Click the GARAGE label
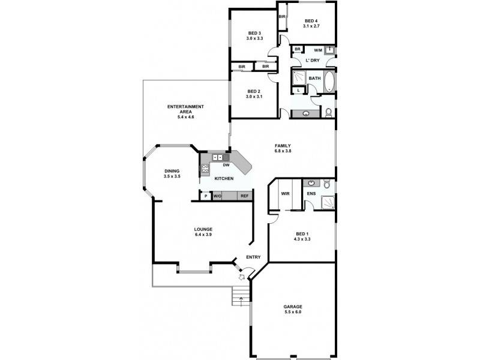293,307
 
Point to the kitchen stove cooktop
205,169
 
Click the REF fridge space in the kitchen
244,196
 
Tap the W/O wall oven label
217,196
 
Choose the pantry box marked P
205,196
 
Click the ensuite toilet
327,183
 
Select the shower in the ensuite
326,202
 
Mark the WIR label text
285,194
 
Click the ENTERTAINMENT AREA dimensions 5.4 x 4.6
186,117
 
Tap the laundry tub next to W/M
329,51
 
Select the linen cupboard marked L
299,90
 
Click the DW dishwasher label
226,165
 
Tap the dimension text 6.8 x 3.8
283,151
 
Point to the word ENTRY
253,257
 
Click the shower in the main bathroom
299,77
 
